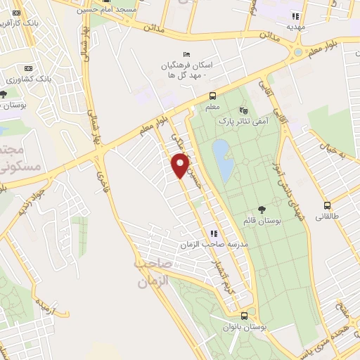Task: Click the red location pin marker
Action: click(x=181, y=166)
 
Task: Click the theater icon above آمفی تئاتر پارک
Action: click(x=244, y=110)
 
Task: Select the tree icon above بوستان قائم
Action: click(x=262, y=209)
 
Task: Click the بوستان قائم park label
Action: click(x=262, y=220)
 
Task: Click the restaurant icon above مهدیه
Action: click(x=296, y=15)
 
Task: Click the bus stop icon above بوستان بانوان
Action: click(x=243, y=316)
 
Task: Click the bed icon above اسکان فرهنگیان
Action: click(x=186, y=54)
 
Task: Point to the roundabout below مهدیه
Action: click(x=298, y=51)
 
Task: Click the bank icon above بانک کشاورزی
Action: click(x=28, y=67)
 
